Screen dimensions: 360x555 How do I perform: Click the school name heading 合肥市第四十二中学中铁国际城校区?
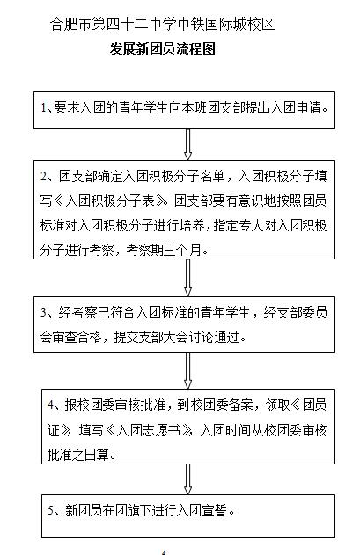(x=162, y=24)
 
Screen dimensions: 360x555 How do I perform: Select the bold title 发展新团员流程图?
(x=163, y=49)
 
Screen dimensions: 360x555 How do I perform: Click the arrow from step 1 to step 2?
(x=187, y=144)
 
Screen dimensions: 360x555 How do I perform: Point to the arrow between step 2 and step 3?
(x=187, y=278)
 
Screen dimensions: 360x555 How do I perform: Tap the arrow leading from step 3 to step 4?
(x=187, y=370)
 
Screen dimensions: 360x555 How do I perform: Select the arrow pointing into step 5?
(x=187, y=479)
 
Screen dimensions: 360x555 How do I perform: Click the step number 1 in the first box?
(x=43, y=107)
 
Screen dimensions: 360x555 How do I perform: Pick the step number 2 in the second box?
(x=44, y=176)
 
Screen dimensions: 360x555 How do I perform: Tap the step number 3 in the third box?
(x=44, y=312)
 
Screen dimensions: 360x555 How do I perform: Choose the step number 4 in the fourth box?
(x=52, y=405)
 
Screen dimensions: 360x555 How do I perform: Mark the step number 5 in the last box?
(x=52, y=510)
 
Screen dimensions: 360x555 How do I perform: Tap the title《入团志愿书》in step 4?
(x=149, y=430)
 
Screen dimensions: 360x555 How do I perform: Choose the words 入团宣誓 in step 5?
(x=202, y=510)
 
